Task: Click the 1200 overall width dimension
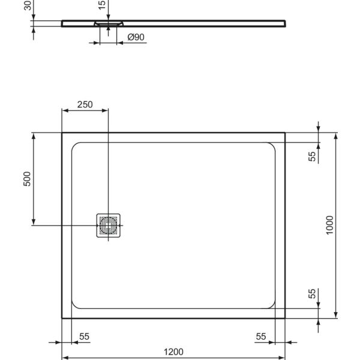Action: coord(173,352)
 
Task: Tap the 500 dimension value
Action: coord(26,179)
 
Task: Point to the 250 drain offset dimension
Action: coord(85,104)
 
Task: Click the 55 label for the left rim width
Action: coord(84,337)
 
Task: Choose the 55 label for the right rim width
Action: coord(260,337)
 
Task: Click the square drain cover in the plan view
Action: coord(108,225)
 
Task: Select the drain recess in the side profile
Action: coord(108,24)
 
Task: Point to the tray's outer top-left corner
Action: coord(62,133)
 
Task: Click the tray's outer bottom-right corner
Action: coord(284,318)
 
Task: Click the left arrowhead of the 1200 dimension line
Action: coord(65,359)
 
